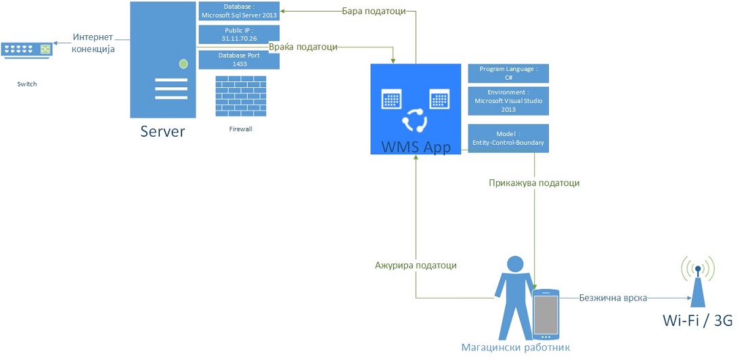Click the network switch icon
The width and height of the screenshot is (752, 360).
click(28, 49)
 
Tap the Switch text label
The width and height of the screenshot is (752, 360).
click(28, 85)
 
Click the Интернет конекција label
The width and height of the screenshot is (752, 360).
click(93, 43)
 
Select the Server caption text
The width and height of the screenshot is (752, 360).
click(162, 131)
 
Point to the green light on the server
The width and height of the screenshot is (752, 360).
click(183, 64)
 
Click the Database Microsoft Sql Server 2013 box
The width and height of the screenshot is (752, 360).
click(239, 12)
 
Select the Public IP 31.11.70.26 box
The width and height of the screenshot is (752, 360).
click(239, 35)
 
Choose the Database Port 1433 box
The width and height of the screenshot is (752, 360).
click(239, 60)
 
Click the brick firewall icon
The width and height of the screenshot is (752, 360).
click(240, 96)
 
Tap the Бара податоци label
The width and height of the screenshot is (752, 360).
click(374, 11)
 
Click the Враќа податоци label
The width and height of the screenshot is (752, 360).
click(303, 47)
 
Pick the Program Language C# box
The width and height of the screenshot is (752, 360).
click(508, 74)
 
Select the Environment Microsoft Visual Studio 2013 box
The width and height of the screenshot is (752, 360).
click(508, 101)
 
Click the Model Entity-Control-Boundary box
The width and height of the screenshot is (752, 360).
click(508, 138)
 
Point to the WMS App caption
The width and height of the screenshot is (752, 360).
click(416, 146)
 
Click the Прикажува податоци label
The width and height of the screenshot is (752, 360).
click(534, 183)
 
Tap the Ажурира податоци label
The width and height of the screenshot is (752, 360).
click(416, 265)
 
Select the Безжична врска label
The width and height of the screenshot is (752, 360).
click(613, 298)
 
